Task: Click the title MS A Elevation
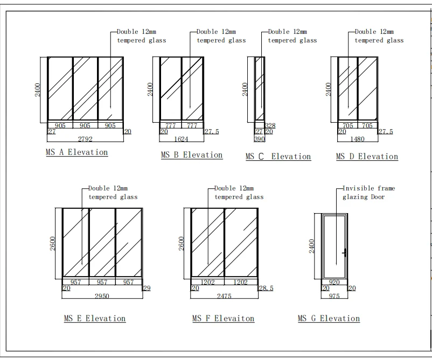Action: tap(77, 152)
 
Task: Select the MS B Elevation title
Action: tap(192, 155)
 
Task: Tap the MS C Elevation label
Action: tap(278, 157)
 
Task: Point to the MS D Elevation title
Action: tap(367, 157)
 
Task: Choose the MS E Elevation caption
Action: tap(95, 319)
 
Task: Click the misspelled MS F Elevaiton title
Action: tap(224, 319)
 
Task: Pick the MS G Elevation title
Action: tap(329, 319)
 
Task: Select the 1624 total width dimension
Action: tap(183, 139)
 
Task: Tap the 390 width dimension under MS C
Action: tap(260, 139)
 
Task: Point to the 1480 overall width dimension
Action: tap(357, 139)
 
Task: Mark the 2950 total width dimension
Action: tap(102, 296)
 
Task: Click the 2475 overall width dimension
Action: tap(225, 296)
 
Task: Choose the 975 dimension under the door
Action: tap(334, 296)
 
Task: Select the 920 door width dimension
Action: tap(334, 282)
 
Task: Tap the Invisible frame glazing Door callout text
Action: tap(368, 193)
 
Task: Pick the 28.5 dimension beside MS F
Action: tap(266, 288)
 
